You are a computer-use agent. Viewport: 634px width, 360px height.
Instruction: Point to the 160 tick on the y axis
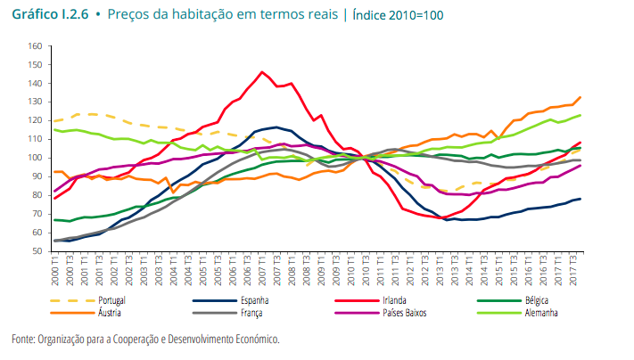(x=35, y=46)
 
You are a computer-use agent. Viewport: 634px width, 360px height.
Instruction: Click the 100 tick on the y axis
(x=35, y=158)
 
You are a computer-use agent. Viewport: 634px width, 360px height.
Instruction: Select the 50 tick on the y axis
(x=37, y=251)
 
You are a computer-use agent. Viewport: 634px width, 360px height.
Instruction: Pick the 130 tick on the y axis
(x=35, y=102)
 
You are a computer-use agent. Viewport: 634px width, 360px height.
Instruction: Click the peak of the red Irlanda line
(x=262, y=72)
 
